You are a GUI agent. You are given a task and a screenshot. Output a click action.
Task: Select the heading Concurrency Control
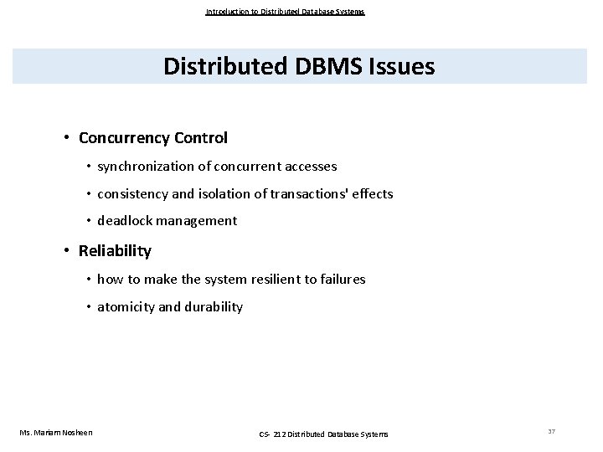pos(152,136)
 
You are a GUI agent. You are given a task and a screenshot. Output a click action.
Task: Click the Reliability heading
pos(115,250)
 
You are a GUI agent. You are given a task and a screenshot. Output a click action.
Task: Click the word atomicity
pos(126,307)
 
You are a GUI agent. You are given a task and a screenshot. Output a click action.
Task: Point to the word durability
pos(213,307)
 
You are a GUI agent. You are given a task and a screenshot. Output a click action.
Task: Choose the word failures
pos(340,280)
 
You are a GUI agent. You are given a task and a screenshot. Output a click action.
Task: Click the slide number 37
pos(552,431)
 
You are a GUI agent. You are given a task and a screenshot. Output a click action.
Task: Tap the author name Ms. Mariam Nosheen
pos(56,432)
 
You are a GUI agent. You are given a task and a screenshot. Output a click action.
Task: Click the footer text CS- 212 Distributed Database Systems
pos(322,433)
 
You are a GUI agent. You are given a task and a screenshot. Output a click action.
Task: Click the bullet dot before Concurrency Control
pos(65,137)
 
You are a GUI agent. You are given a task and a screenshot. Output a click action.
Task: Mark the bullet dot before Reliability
pos(65,251)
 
